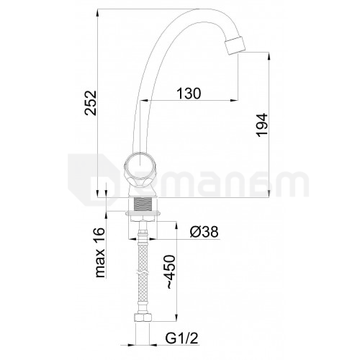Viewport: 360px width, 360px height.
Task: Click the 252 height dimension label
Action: click(x=91, y=103)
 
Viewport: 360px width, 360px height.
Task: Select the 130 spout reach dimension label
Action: click(x=189, y=94)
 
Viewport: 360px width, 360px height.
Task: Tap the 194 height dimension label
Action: click(x=262, y=125)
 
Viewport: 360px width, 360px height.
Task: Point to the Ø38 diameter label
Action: click(x=204, y=232)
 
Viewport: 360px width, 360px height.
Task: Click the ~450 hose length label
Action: click(x=171, y=272)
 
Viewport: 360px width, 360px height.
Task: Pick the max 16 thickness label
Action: click(x=100, y=252)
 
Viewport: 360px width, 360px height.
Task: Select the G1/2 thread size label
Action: click(x=181, y=338)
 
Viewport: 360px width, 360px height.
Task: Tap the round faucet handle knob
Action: click(x=138, y=170)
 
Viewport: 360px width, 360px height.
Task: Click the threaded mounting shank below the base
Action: click(x=143, y=204)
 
